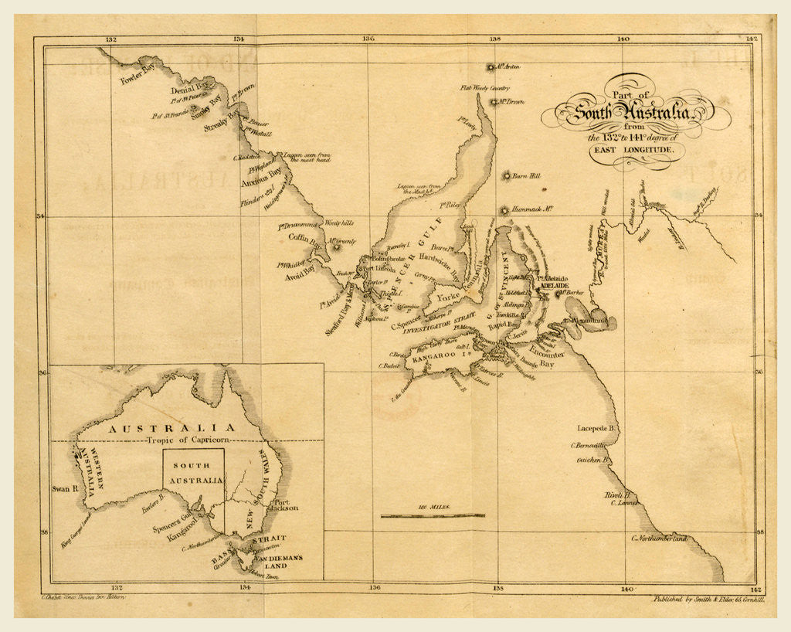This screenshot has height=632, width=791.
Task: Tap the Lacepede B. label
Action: [595, 427]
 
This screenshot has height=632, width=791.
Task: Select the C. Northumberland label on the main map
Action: [659, 538]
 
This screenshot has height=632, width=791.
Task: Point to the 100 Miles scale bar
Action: [433, 515]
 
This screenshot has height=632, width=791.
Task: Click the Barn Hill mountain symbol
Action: [508, 176]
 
